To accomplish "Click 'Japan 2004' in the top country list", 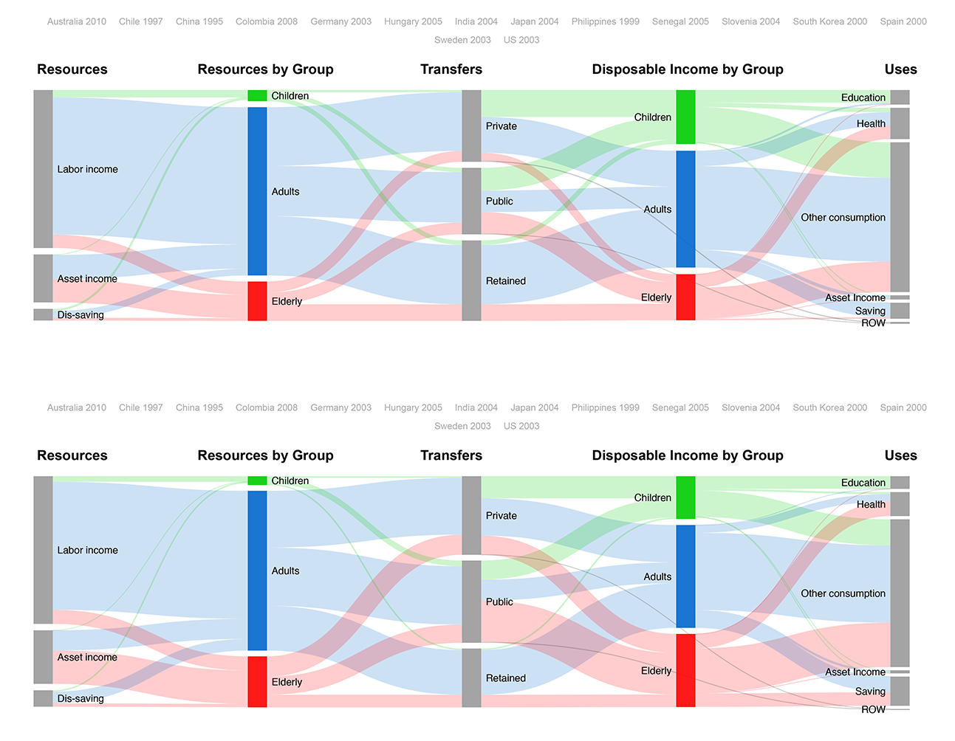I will click(x=534, y=21).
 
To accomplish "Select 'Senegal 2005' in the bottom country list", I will click(x=680, y=407).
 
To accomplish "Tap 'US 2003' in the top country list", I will click(x=521, y=40).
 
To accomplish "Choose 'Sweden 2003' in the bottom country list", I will click(x=462, y=426).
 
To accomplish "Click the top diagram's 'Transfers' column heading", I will click(x=451, y=69).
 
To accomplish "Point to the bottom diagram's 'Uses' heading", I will click(x=900, y=455).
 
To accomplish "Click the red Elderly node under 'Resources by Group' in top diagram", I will click(x=257, y=301).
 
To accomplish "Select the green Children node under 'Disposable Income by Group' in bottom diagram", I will click(x=685, y=497).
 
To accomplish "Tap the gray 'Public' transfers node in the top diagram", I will click(x=471, y=201).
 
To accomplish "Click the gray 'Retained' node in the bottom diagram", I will click(x=471, y=678).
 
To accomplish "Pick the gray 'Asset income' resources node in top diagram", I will click(x=43, y=278).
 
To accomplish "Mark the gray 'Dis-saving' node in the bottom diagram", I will click(x=43, y=698).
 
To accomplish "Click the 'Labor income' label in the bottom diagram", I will click(x=87, y=550).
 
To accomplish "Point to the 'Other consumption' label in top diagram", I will click(x=843, y=218).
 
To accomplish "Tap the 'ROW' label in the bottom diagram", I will click(x=873, y=709).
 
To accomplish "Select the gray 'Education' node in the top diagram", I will click(x=900, y=97).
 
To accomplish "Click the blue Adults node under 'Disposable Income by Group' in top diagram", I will click(x=685, y=209).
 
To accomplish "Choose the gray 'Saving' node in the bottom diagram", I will click(x=900, y=691).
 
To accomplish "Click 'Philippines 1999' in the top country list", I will click(x=605, y=21).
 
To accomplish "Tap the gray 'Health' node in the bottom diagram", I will click(x=900, y=504).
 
